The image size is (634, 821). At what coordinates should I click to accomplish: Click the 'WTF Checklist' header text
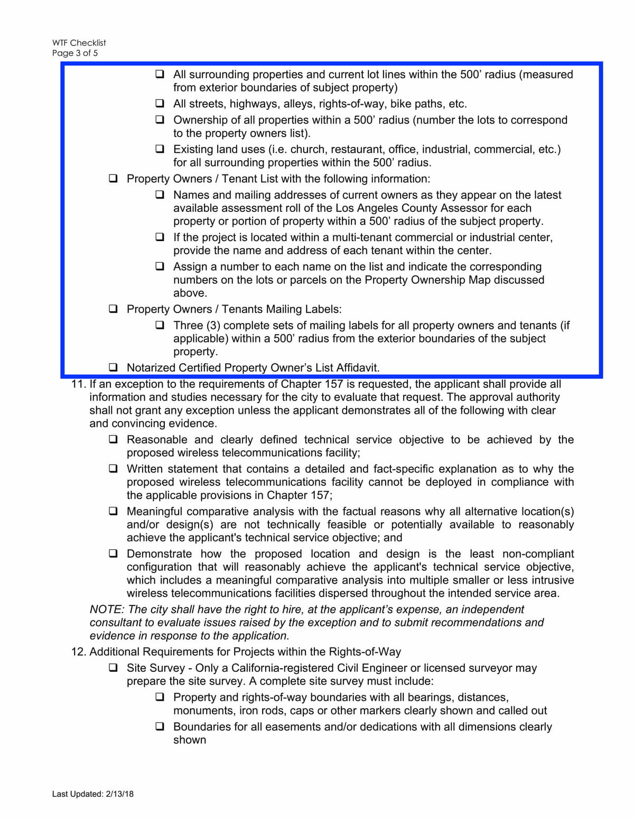pos(79,43)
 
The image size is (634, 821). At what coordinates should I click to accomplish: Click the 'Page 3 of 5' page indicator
pos(75,53)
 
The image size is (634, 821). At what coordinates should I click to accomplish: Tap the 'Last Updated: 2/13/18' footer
pos(93,794)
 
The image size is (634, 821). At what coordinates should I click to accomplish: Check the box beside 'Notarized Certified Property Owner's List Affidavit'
pos(113,367)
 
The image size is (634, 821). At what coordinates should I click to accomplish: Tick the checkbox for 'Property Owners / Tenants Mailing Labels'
pos(113,309)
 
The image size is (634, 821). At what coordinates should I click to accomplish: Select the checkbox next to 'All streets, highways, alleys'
pos(160,103)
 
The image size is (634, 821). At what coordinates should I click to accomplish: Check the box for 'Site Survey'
pos(113,668)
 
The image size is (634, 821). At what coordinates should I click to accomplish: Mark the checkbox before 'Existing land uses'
pos(160,149)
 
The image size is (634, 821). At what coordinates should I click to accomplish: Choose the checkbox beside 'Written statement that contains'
pos(113,469)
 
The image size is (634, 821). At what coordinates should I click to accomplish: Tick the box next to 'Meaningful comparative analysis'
pos(113,511)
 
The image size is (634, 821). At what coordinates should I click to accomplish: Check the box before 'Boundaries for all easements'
pos(160,726)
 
